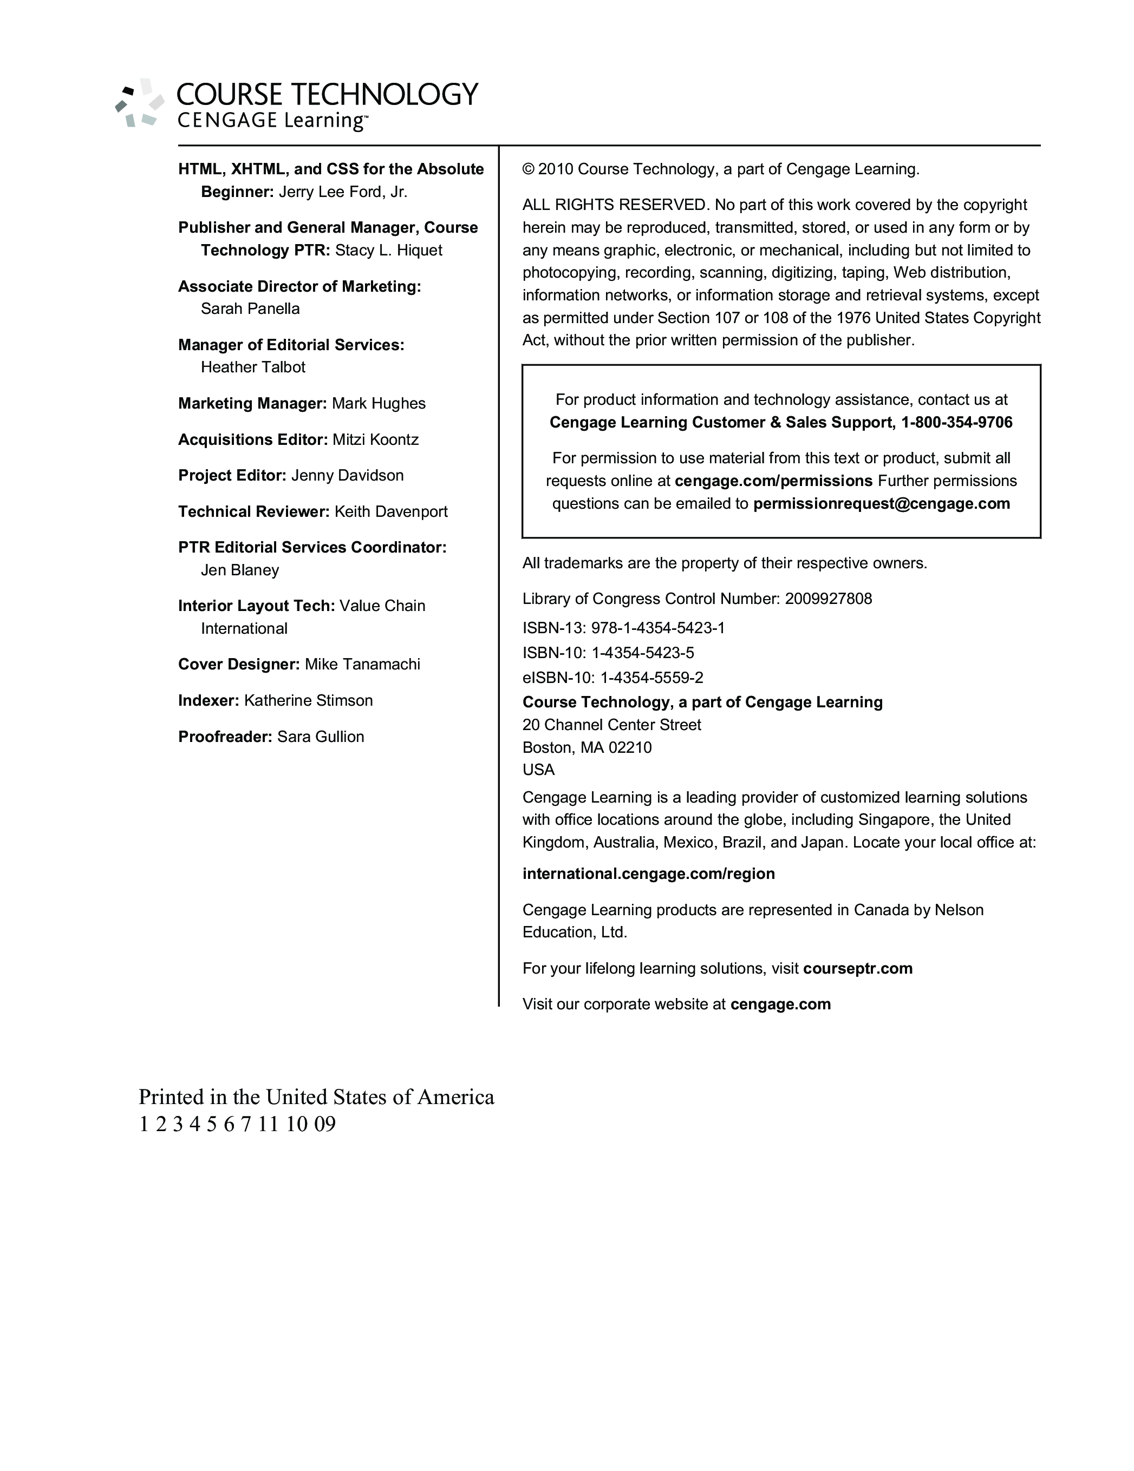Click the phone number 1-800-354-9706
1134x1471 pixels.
(x=956, y=422)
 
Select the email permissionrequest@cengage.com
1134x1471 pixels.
(x=881, y=504)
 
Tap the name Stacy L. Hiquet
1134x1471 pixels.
(x=389, y=251)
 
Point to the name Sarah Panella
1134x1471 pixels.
(x=250, y=309)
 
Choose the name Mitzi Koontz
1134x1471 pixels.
(x=375, y=440)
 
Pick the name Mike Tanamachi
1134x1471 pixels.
(x=362, y=665)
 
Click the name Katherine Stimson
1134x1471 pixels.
(x=308, y=700)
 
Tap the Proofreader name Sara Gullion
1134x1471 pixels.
(x=321, y=737)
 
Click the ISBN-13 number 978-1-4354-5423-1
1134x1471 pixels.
(x=657, y=628)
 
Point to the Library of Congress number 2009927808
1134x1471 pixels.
(x=828, y=599)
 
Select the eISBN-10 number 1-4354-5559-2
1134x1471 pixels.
(x=651, y=678)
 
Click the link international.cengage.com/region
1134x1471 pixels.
(x=648, y=874)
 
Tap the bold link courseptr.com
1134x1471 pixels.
(x=858, y=969)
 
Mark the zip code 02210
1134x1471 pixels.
(x=630, y=747)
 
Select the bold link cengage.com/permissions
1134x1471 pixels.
(x=773, y=481)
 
